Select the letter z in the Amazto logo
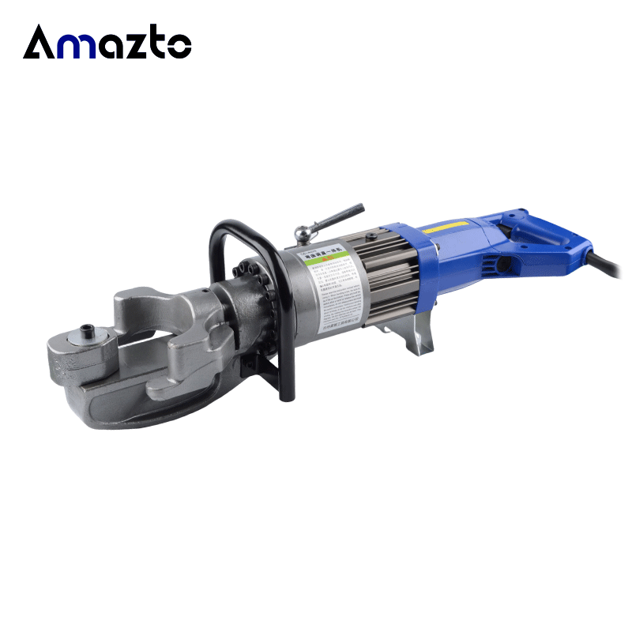coord(145,45)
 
